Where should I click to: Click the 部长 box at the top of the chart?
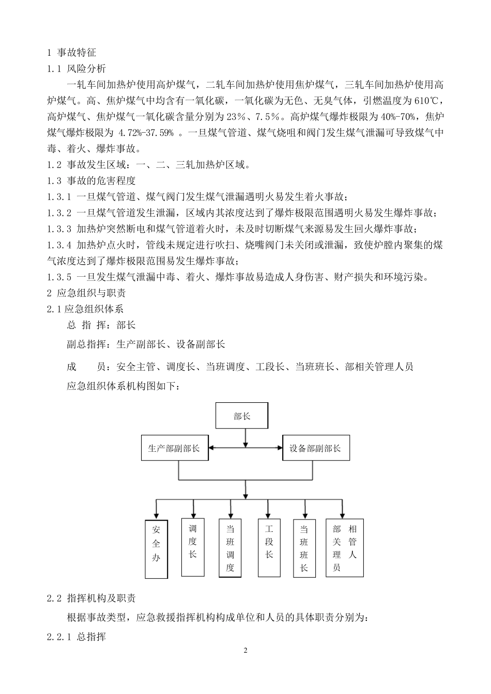click(241, 416)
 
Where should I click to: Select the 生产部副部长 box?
click(174, 448)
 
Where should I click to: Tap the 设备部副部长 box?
click(315, 448)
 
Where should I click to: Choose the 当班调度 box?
click(230, 548)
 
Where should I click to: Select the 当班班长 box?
click(304, 548)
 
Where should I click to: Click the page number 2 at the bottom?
click(245, 650)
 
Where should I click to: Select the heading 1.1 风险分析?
click(76, 68)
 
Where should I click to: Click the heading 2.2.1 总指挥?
click(76, 637)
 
